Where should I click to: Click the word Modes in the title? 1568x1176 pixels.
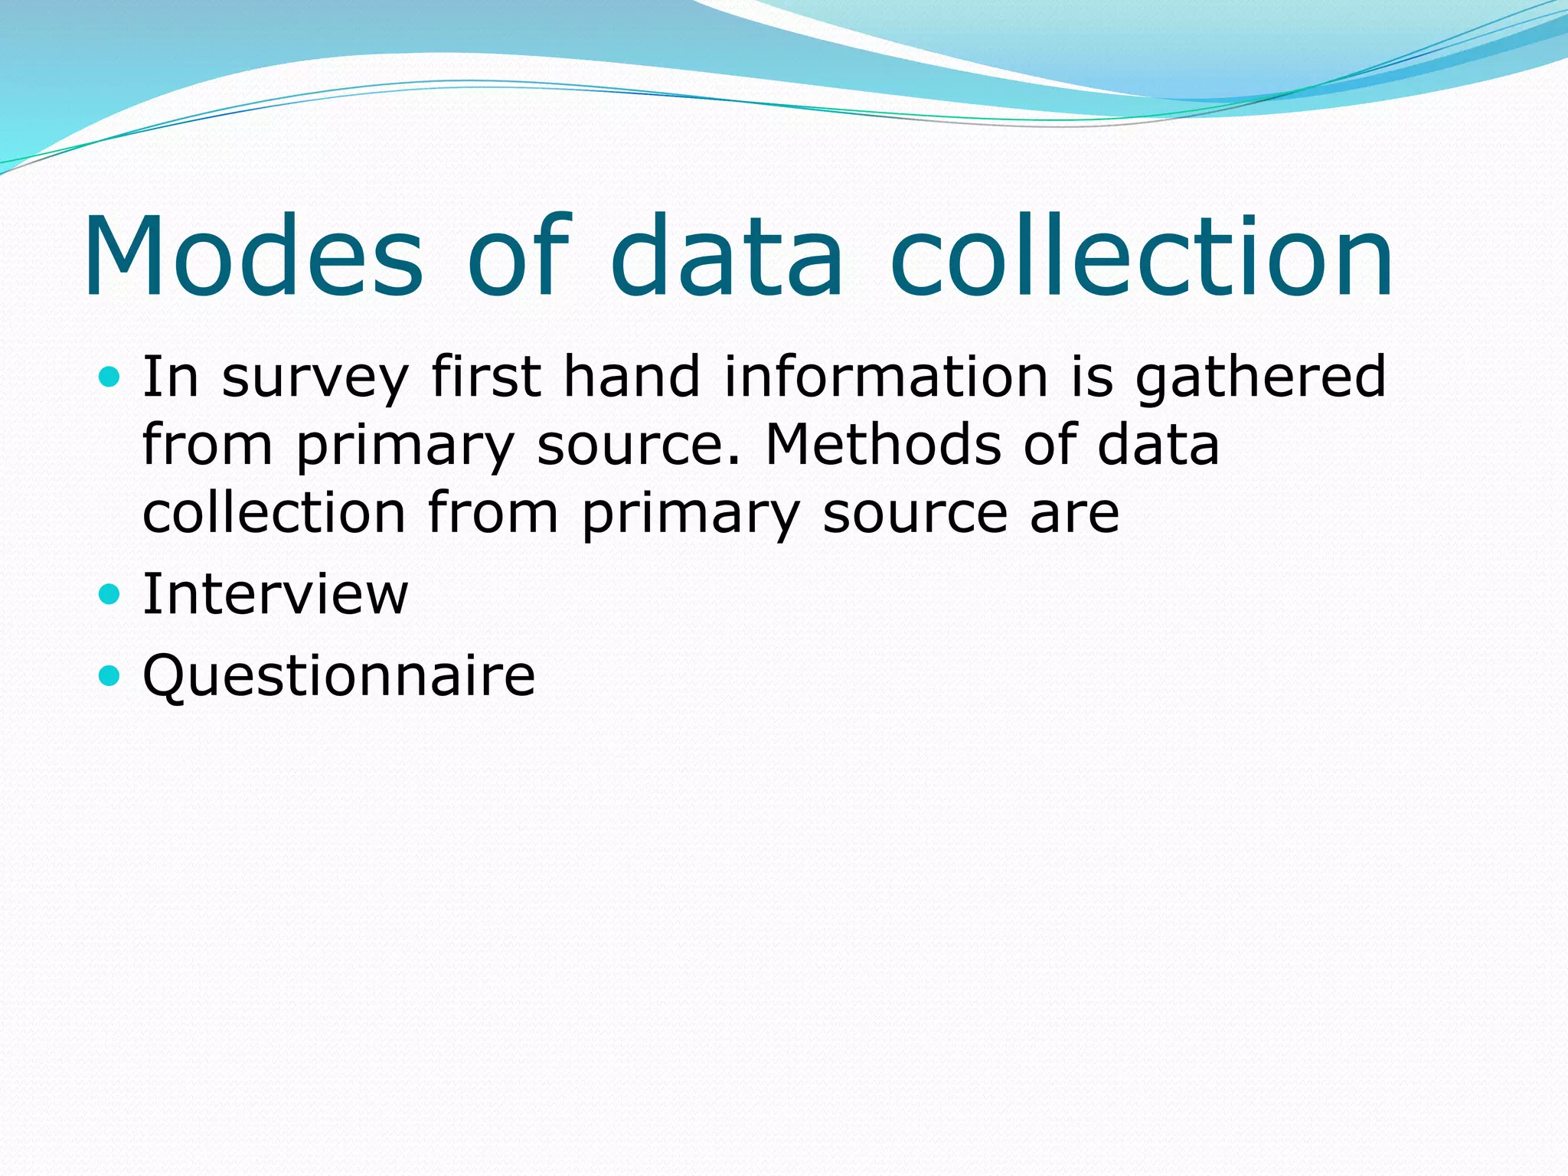point(253,256)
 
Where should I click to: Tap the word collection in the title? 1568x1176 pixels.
point(1142,256)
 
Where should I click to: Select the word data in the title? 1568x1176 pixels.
point(727,256)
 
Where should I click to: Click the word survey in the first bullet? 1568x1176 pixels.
point(315,378)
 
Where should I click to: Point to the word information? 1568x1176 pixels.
point(886,377)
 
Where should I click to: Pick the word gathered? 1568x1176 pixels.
point(1260,378)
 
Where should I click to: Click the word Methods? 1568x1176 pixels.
point(883,445)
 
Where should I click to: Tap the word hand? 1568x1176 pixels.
point(632,377)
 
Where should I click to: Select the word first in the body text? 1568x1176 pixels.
point(486,377)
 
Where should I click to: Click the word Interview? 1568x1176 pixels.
point(276,594)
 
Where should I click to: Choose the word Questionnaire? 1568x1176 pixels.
point(339,676)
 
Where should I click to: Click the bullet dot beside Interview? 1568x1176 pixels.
point(110,593)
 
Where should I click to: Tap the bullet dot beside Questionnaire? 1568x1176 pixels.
point(110,675)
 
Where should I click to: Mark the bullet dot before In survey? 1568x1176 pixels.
point(110,377)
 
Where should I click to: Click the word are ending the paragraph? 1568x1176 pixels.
point(1074,514)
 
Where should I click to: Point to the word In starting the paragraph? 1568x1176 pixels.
point(171,377)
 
